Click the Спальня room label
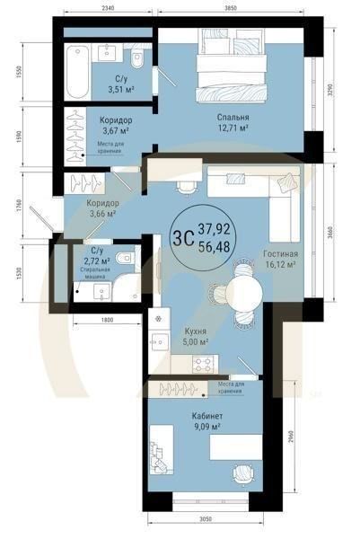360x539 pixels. pos(233,117)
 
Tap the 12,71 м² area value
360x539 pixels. pos(233,128)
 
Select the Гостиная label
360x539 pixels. pos(281,254)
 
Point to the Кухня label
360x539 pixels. pos(196,331)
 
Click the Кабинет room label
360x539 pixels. pos(207,416)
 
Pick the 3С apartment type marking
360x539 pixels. pos(184,238)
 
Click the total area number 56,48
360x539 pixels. pos(214,246)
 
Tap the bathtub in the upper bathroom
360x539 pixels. pos(77,72)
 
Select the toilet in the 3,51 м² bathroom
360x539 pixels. pos(137,57)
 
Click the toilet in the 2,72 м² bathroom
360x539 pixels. pos(125,258)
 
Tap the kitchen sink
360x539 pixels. pos(159,341)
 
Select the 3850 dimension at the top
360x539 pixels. pos(230,8)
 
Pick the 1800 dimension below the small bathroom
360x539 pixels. pos(107,320)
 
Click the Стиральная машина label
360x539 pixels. pos(95,273)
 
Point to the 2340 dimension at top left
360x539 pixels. pos(108,8)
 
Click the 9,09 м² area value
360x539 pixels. pos(206,427)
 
